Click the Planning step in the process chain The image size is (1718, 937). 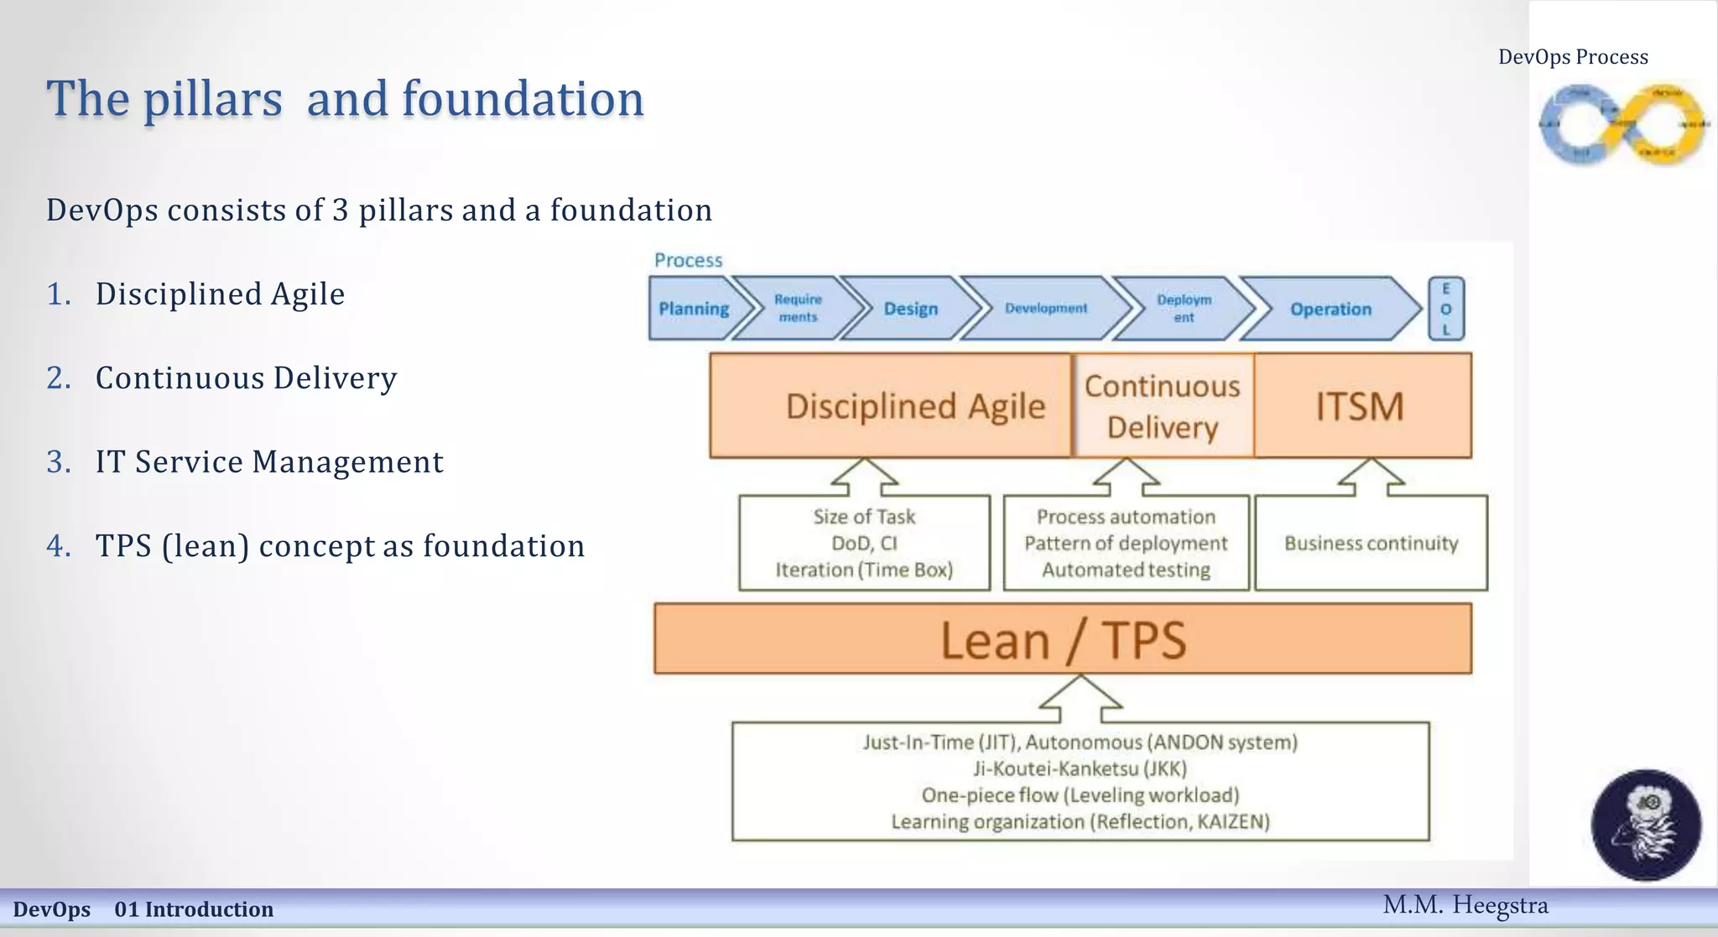click(x=693, y=309)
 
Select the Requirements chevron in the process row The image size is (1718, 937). click(x=798, y=309)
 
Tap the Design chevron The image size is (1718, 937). click(x=911, y=309)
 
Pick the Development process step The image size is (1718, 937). click(x=1046, y=309)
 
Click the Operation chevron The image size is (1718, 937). click(x=1330, y=309)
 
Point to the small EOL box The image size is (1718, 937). click(x=1446, y=309)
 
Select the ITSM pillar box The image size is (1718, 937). click(x=1361, y=406)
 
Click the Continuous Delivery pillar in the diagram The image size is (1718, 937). click(x=1163, y=406)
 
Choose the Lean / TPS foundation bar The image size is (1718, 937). click(x=1063, y=639)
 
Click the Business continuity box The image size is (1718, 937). click(x=1371, y=544)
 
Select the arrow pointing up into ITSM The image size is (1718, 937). click(x=1371, y=476)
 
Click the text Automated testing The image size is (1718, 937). click(x=1126, y=570)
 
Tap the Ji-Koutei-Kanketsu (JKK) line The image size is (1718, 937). click(x=1080, y=768)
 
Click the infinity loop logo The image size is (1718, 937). click(x=1622, y=124)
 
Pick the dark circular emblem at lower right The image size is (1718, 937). click(x=1646, y=825)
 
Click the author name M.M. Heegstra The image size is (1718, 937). click(x=1465, y=905)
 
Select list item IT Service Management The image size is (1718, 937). click(x=268, y=462)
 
